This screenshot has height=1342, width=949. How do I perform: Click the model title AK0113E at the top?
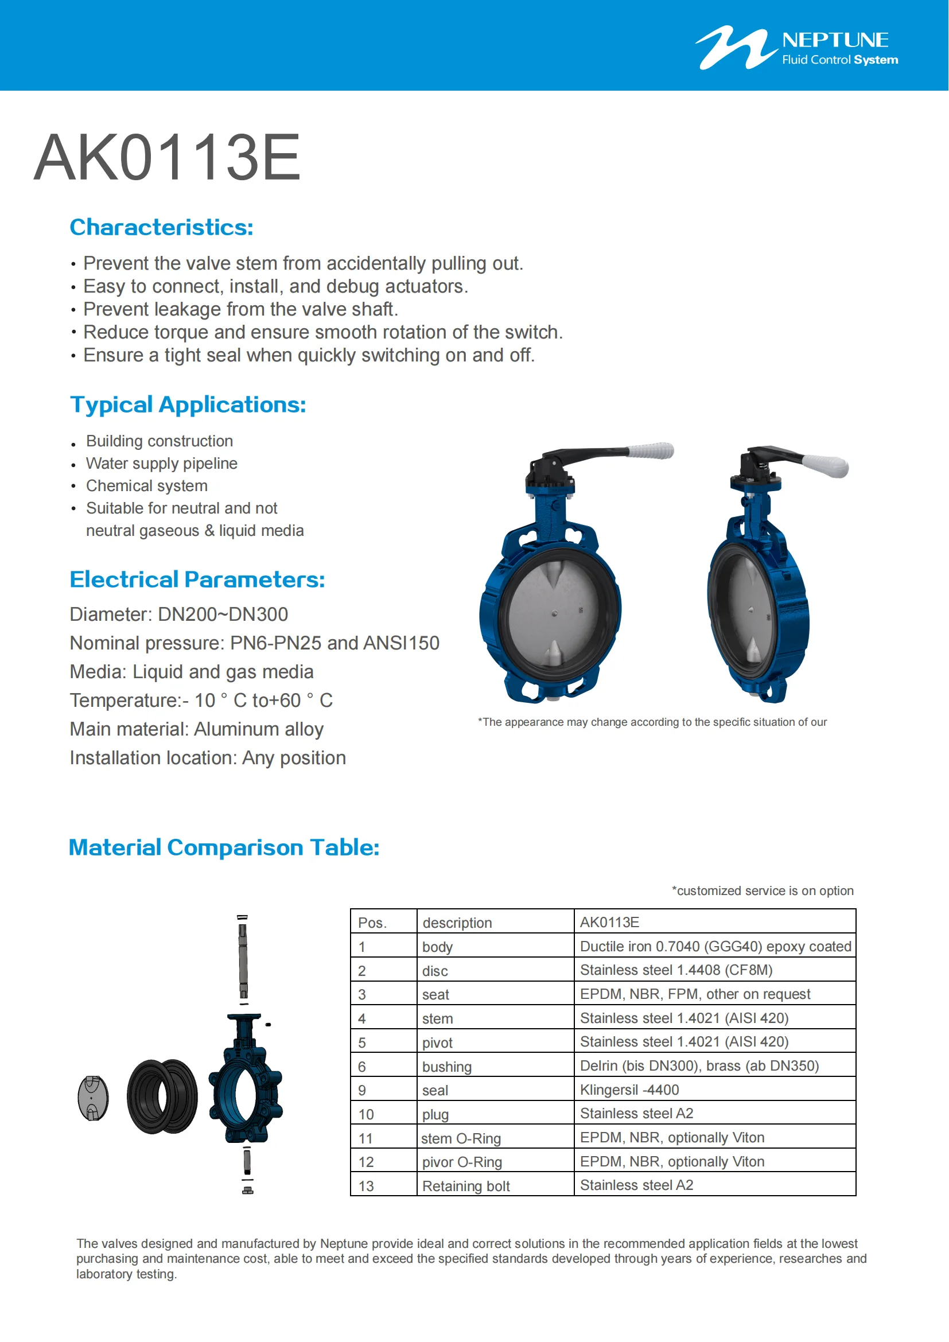167,157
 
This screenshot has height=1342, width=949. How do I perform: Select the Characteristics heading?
161,227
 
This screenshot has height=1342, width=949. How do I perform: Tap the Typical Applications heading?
188,404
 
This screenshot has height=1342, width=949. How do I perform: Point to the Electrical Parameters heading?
197,579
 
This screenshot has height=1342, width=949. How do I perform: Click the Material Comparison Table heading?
224,847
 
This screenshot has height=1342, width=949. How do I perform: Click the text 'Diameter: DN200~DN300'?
179,614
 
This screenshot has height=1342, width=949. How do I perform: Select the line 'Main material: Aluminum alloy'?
196,729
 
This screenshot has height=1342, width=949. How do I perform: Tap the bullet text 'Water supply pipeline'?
161,464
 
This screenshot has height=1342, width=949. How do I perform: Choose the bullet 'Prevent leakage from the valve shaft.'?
240,309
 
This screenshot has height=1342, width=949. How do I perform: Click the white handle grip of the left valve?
651,450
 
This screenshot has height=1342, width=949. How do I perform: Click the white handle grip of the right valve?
825,465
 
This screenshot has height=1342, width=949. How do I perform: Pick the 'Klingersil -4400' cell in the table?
629,1090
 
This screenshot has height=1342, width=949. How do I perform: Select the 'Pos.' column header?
372,923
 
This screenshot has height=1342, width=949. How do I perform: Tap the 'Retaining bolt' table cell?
466,1186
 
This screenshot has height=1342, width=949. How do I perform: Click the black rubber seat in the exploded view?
162,1096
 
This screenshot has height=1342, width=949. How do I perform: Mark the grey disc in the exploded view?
93,1098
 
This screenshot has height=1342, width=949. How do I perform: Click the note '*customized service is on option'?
762,891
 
